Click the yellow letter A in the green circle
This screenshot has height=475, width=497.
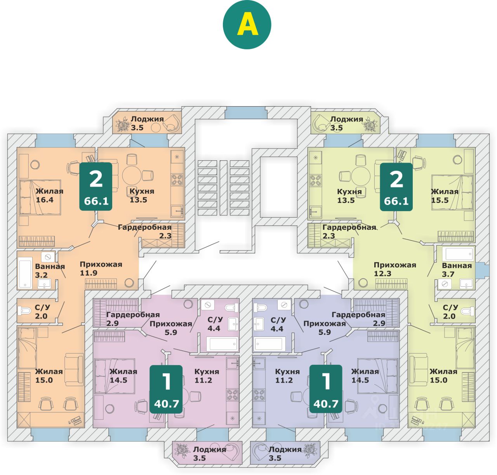coord(247,25)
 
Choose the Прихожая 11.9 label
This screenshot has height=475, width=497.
coord(101,269)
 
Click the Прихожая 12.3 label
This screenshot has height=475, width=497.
coord(394,269)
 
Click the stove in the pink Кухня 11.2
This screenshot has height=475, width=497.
coord(233,395)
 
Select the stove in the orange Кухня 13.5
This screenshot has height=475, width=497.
coord(177,180)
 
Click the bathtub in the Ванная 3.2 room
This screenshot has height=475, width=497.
coord(25,273)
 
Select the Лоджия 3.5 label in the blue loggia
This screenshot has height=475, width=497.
coord(285,453)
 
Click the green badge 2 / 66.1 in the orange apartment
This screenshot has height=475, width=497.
coord(96,186)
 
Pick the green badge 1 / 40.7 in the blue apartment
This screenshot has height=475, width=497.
coord(326,389)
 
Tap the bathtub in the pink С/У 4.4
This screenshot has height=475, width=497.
coord(222,344)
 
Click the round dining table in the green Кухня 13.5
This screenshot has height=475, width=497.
coord(361,176)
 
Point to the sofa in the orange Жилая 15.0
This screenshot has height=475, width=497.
coord(74,369)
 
